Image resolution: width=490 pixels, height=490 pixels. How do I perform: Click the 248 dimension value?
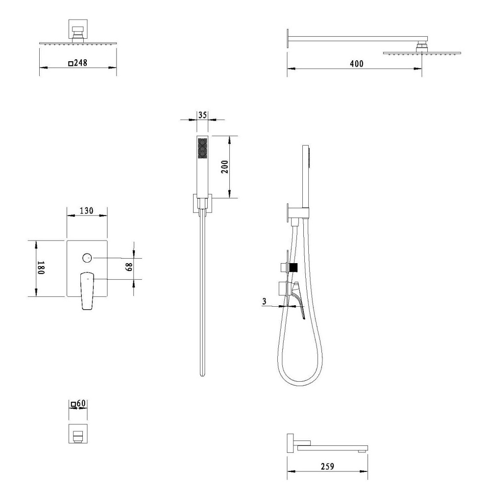point(81,63)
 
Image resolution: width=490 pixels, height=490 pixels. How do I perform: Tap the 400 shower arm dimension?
point(357,64)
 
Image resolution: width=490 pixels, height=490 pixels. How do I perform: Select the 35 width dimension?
point(202,115)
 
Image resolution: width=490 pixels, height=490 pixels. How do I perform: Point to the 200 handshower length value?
point(225,167)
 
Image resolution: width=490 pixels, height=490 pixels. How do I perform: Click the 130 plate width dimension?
point(87,211)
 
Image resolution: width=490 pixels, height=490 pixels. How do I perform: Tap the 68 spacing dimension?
point(129,267)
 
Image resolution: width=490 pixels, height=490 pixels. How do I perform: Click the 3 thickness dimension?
point(265,301)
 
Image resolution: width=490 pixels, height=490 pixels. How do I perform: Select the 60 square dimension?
point(81,403)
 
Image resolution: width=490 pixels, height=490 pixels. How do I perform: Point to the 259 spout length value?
point(327,466)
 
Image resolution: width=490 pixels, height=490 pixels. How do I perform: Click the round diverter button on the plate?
point(87,258)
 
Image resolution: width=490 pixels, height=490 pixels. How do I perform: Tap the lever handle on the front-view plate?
point(87,291)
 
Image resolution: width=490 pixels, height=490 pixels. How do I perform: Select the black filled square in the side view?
point(293,268)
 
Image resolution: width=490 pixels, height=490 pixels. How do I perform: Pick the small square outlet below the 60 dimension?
point(78,434)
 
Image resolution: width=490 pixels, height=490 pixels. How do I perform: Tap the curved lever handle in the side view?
point(298,300)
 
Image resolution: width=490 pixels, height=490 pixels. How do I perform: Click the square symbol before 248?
point(71,63)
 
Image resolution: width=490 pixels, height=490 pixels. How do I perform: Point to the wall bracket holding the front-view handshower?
point(202,204)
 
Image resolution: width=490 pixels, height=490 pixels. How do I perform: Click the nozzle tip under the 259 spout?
point(362,452)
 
